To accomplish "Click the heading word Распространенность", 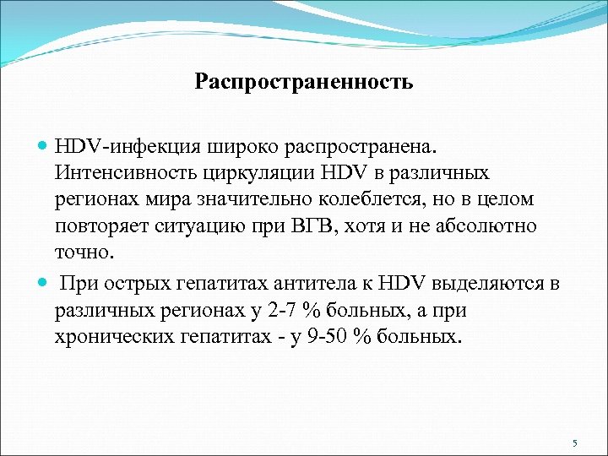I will click(304, 82).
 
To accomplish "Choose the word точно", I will click(83, 252).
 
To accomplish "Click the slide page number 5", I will click(573, 443).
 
